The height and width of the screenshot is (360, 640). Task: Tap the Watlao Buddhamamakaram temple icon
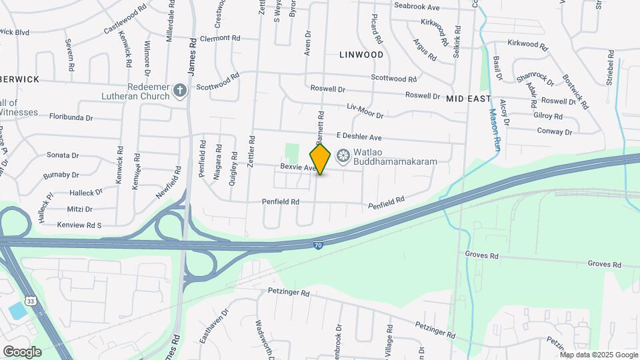[x=343, y=157]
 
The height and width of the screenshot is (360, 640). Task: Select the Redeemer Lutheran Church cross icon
[x=179, y=91]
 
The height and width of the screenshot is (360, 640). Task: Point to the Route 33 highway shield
[x=31, y=301]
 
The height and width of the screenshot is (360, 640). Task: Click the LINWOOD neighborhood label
[x=361, y=54]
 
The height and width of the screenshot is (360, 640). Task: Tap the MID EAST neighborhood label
[x=469, y=98]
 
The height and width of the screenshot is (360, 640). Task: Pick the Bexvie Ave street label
[x=297, y=167]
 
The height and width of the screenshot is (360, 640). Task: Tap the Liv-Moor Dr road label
[x=365, y=111]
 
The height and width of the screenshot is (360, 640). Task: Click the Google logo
[x=22, y=351]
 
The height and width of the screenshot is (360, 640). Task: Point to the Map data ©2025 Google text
[x=598, y=354]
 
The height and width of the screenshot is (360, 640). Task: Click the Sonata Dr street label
[x=63, y=155]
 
